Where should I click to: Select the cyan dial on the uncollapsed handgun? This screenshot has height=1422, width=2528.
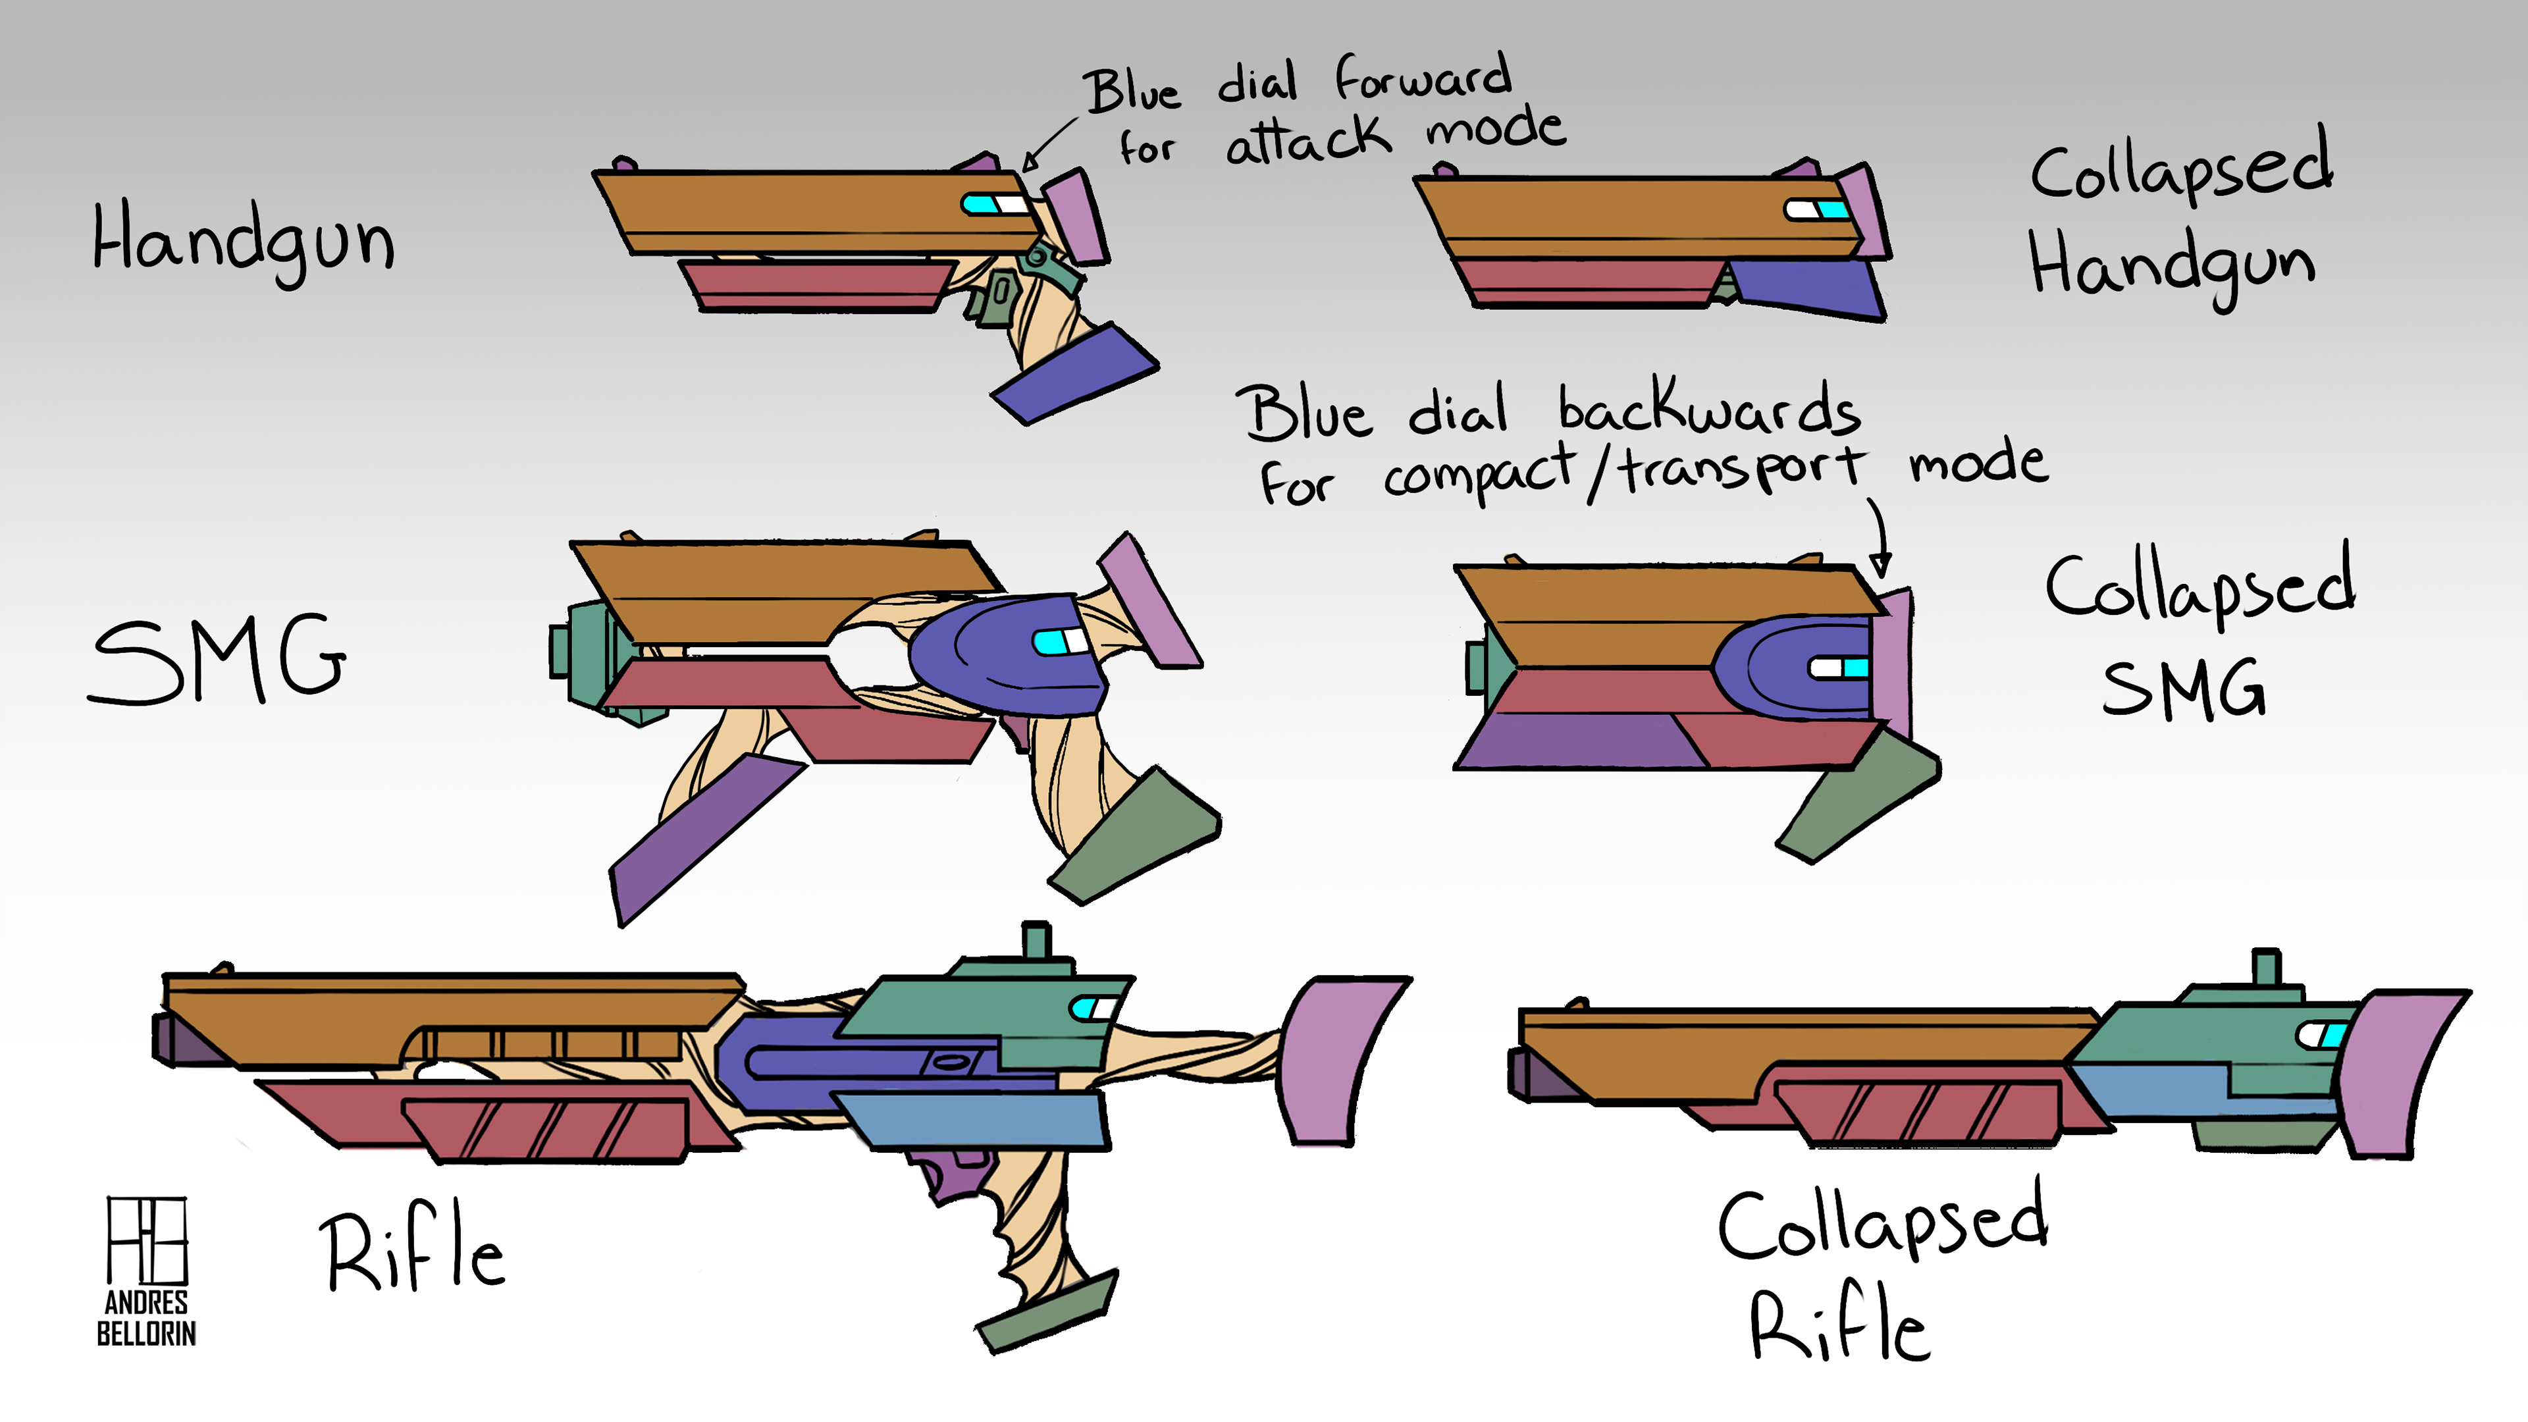coord(978,204)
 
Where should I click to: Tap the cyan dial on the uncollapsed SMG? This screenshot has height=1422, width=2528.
coord(1049,643)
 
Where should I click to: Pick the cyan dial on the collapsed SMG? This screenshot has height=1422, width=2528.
coord(1855,668)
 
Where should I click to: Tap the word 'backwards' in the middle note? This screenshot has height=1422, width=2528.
coord(1708,408)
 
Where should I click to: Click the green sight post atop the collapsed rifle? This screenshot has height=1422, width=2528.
coord(2265,966)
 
